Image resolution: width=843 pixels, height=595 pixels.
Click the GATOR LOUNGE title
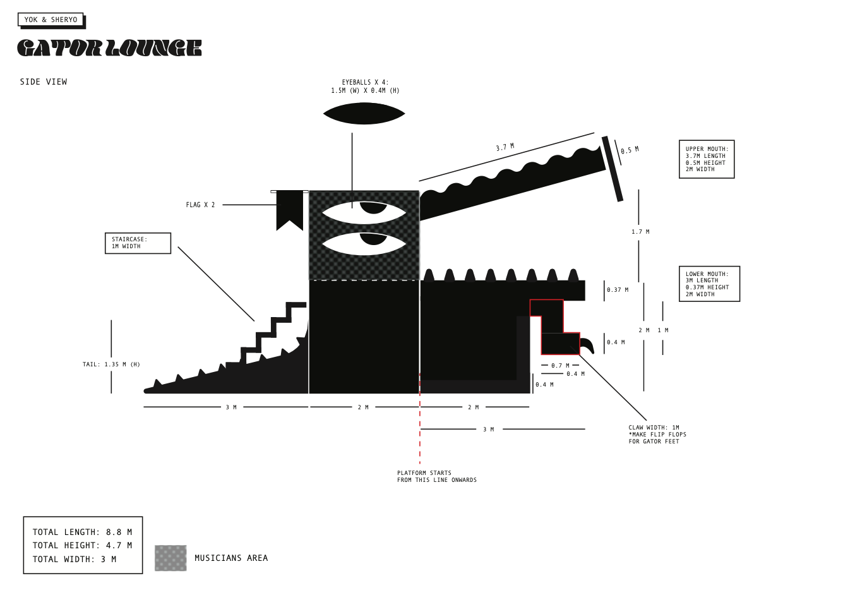109,48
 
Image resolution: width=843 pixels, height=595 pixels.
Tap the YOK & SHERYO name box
51,20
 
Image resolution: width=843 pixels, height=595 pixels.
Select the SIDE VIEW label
44,82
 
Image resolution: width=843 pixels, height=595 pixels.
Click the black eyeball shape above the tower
364,114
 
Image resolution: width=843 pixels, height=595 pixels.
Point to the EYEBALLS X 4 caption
365,87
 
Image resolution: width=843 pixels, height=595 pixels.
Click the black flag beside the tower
290,208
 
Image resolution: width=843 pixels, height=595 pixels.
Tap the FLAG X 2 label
200,205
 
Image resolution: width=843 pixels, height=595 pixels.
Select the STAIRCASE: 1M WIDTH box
138,243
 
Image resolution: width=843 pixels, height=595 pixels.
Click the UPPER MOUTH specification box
707,159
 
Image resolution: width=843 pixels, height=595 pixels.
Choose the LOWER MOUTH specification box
709,284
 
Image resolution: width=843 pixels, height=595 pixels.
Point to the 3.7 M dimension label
505,147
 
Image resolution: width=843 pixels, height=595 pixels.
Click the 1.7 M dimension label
640,232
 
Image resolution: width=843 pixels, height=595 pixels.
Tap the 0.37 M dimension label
618,290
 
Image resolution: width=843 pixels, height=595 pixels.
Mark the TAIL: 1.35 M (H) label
111,364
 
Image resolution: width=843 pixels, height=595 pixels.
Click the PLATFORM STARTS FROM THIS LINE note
436,476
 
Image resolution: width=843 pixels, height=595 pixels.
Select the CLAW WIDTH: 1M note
657,435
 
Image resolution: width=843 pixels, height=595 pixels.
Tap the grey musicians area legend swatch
170,558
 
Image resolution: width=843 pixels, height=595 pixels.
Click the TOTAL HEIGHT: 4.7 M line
82,545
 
